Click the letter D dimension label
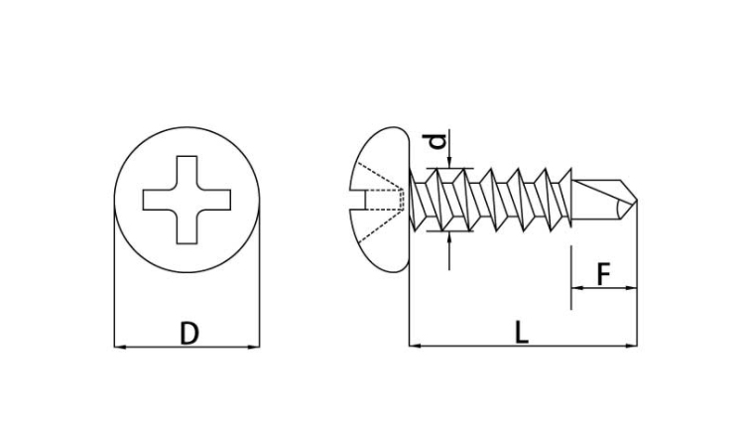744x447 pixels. coord(188,333)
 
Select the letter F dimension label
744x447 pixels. coord(603,274)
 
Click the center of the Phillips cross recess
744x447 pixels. coord(186,200)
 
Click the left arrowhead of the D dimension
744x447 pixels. coord(120,347)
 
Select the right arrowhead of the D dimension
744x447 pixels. coord(254,347)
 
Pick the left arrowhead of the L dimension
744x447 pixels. coord(415,346)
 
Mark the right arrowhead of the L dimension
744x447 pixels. coord(632,346)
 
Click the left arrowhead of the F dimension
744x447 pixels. coord(577,288)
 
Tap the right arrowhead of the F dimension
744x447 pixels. coord(632,288)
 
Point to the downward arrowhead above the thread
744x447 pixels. coord(449,163)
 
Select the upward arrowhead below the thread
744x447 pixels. coord(449,238)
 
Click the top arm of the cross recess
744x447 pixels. coord(186,173)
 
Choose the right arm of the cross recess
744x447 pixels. coord(214,200)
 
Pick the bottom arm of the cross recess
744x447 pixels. coord(186,227)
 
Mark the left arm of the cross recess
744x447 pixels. coord(160,200)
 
